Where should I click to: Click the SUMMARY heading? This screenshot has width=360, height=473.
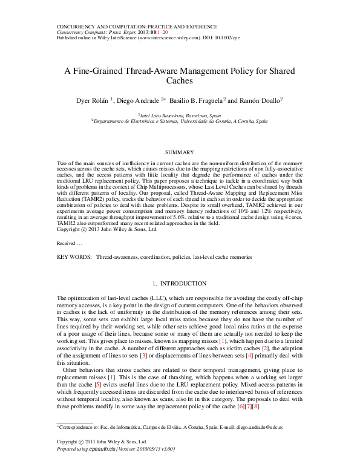pyautogui.click(x=180, y=152)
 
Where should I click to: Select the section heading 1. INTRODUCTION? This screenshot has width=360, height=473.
pyautogui.click(x=180, y=284)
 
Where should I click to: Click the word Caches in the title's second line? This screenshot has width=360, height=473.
pyautogui.click(x=180, y=80)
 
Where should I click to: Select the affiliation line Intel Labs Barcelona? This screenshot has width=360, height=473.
pyautogui.click(x=180, y=114)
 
